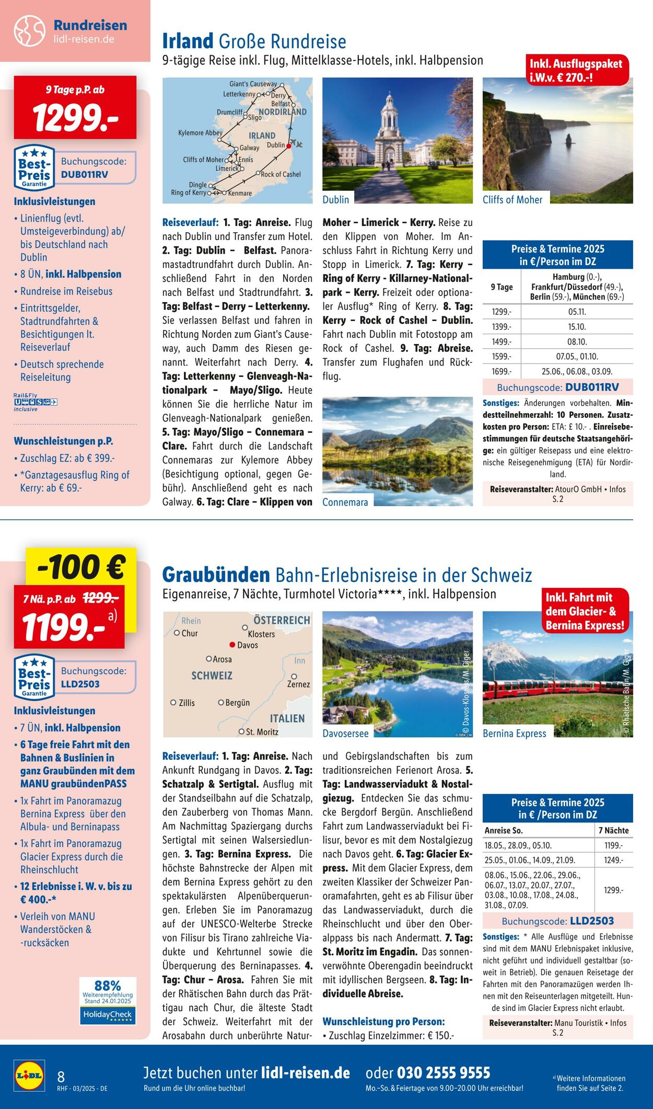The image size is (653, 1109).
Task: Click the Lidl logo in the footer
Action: coord(29,1076)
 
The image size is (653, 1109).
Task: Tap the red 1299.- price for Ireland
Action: coord(75,117)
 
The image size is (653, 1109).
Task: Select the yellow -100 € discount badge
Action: coord(81,567)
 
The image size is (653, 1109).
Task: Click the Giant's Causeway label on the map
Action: coord(253,84)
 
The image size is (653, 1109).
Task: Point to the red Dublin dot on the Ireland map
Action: coord(288,146)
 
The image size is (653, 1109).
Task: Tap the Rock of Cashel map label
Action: coord(281,174)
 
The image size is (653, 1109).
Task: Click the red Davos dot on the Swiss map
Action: coord(232,645)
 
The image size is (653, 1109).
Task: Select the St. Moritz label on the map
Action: coord(262,731)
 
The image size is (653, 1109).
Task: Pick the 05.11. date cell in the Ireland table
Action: coord(577,312)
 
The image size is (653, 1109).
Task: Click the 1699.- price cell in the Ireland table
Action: coord(502,371)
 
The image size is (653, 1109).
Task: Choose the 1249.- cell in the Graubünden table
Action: coord(613,860)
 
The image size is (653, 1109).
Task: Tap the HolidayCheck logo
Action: coord(108,1015)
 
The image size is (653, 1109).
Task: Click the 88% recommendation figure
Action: coord(108,986)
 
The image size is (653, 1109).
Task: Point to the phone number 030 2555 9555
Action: coord(444,1073)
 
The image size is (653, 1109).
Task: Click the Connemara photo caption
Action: coord(345,502)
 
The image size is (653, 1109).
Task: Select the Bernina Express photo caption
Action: coord(515,734)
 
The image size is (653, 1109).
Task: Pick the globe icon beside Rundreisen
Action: coord(30,31)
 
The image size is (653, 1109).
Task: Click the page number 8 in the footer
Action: coord(61,1077)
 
